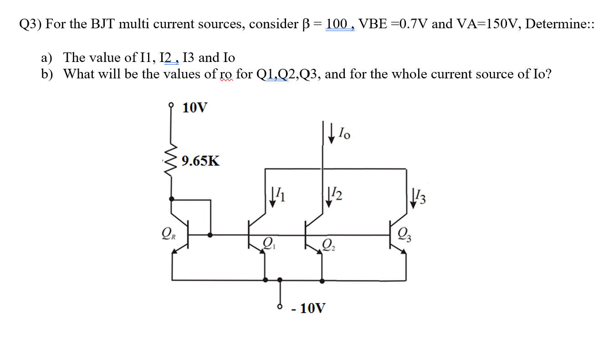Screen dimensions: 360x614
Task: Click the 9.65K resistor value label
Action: point(200,161)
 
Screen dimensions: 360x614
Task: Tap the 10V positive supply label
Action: point(194,108)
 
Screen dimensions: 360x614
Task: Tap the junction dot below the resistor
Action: point(171,199)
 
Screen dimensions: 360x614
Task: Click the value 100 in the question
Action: point(337,24)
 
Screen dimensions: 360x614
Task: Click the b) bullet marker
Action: point(47,74)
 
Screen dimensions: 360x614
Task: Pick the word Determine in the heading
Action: point(555,24)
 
